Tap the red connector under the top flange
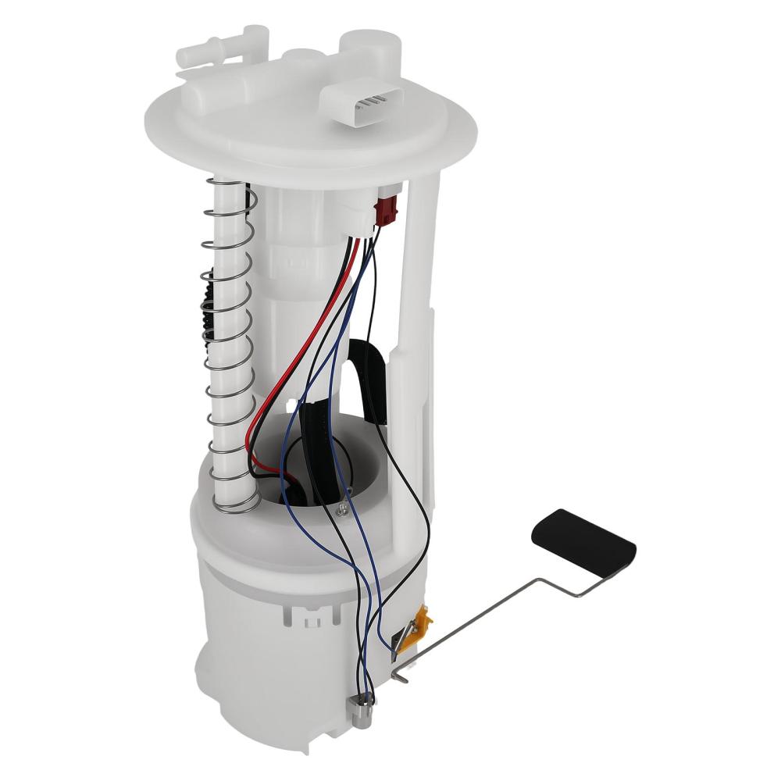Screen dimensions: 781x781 (x=386, y=210)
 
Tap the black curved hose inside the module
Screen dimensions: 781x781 (x=367, y=367)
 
